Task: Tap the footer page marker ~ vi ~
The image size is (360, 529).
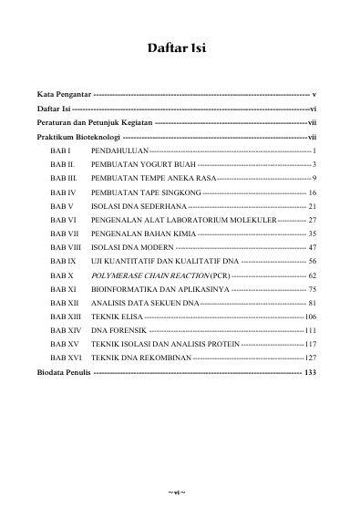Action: (177, 493)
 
